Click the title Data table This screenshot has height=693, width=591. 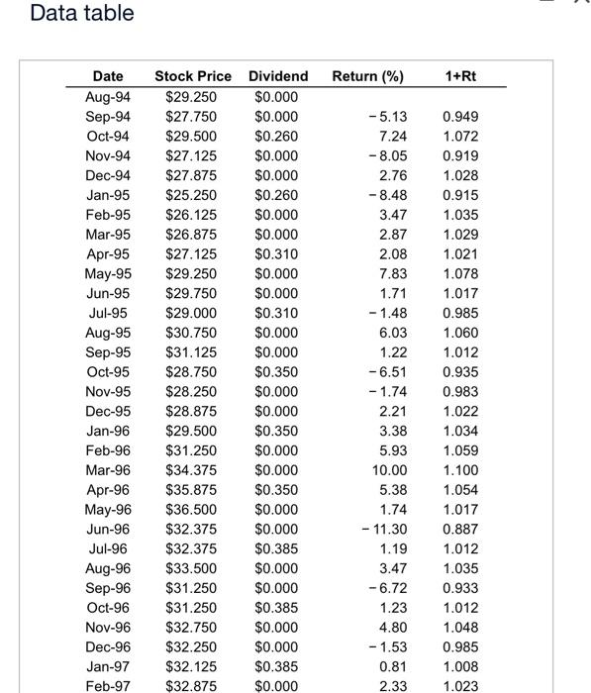click(82, 14)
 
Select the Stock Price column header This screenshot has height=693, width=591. click(193, 76)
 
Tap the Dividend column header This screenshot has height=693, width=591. click(278, 76)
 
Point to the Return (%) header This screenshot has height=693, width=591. click(368, 76)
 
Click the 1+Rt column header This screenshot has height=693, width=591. click(460, 76)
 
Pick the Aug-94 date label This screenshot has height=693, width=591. click(109, 96)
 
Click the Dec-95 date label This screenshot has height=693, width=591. click(109, 411)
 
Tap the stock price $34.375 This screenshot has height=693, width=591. click(192, 470)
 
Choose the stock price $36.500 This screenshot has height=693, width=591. click(192, 509)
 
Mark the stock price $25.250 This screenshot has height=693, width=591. click(192, 195)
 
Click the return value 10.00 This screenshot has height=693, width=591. click(388, 470)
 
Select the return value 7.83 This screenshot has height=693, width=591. click(392, 273)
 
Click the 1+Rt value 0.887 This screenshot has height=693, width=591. click(460, 529)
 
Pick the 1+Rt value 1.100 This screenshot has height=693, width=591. click(460, 470)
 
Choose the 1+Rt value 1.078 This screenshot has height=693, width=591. click(460, 273)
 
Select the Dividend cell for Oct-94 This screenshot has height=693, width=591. click(276, 136)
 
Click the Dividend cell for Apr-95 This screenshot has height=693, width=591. click(276, 253)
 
